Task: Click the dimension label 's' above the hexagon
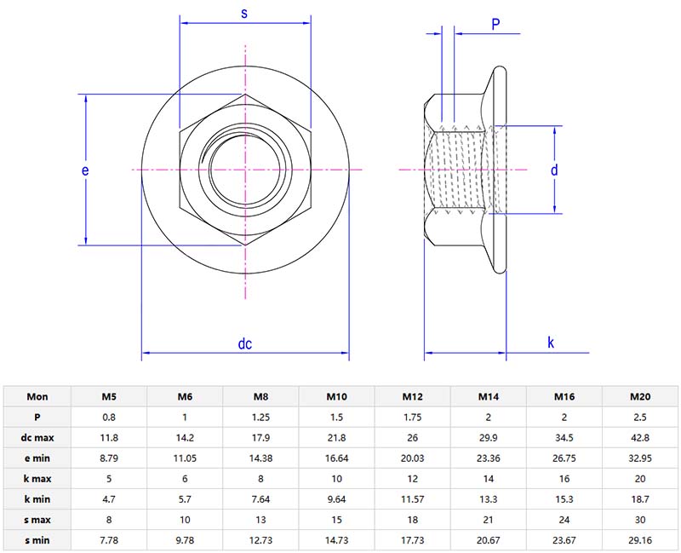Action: tap(244, 14)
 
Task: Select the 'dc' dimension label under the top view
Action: tap(244, 344)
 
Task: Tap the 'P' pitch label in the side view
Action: tap(495, 25)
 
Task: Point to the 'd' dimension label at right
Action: tap(553, 170)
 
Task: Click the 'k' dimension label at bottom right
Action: tap(551, 343)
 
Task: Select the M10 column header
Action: tap(336, 396)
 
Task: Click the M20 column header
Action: tap(640, 396)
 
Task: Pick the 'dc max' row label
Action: tap(37, 437)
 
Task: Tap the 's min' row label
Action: tap(37, 539)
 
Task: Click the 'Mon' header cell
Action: tap(37, 396)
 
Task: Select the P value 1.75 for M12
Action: tap(412, 417)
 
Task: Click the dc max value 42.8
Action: tap(640, 437)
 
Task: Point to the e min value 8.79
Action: tap(109, 458)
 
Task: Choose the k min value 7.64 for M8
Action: tap(260, 498)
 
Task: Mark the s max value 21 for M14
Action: tap(488, 519)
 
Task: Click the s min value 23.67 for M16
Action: tap(564, 539)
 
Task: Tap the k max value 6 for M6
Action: tap(185, 478)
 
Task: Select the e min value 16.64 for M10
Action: tap(336, 458)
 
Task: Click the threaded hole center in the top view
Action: tap(244, 170)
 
